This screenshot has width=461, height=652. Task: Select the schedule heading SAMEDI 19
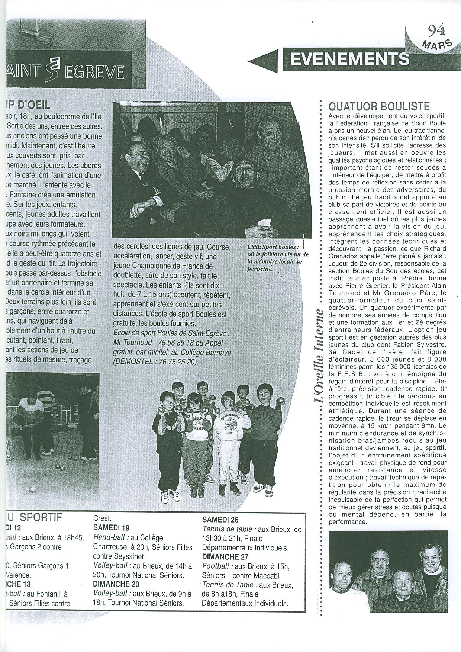111,528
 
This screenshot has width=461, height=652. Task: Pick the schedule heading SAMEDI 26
220,520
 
